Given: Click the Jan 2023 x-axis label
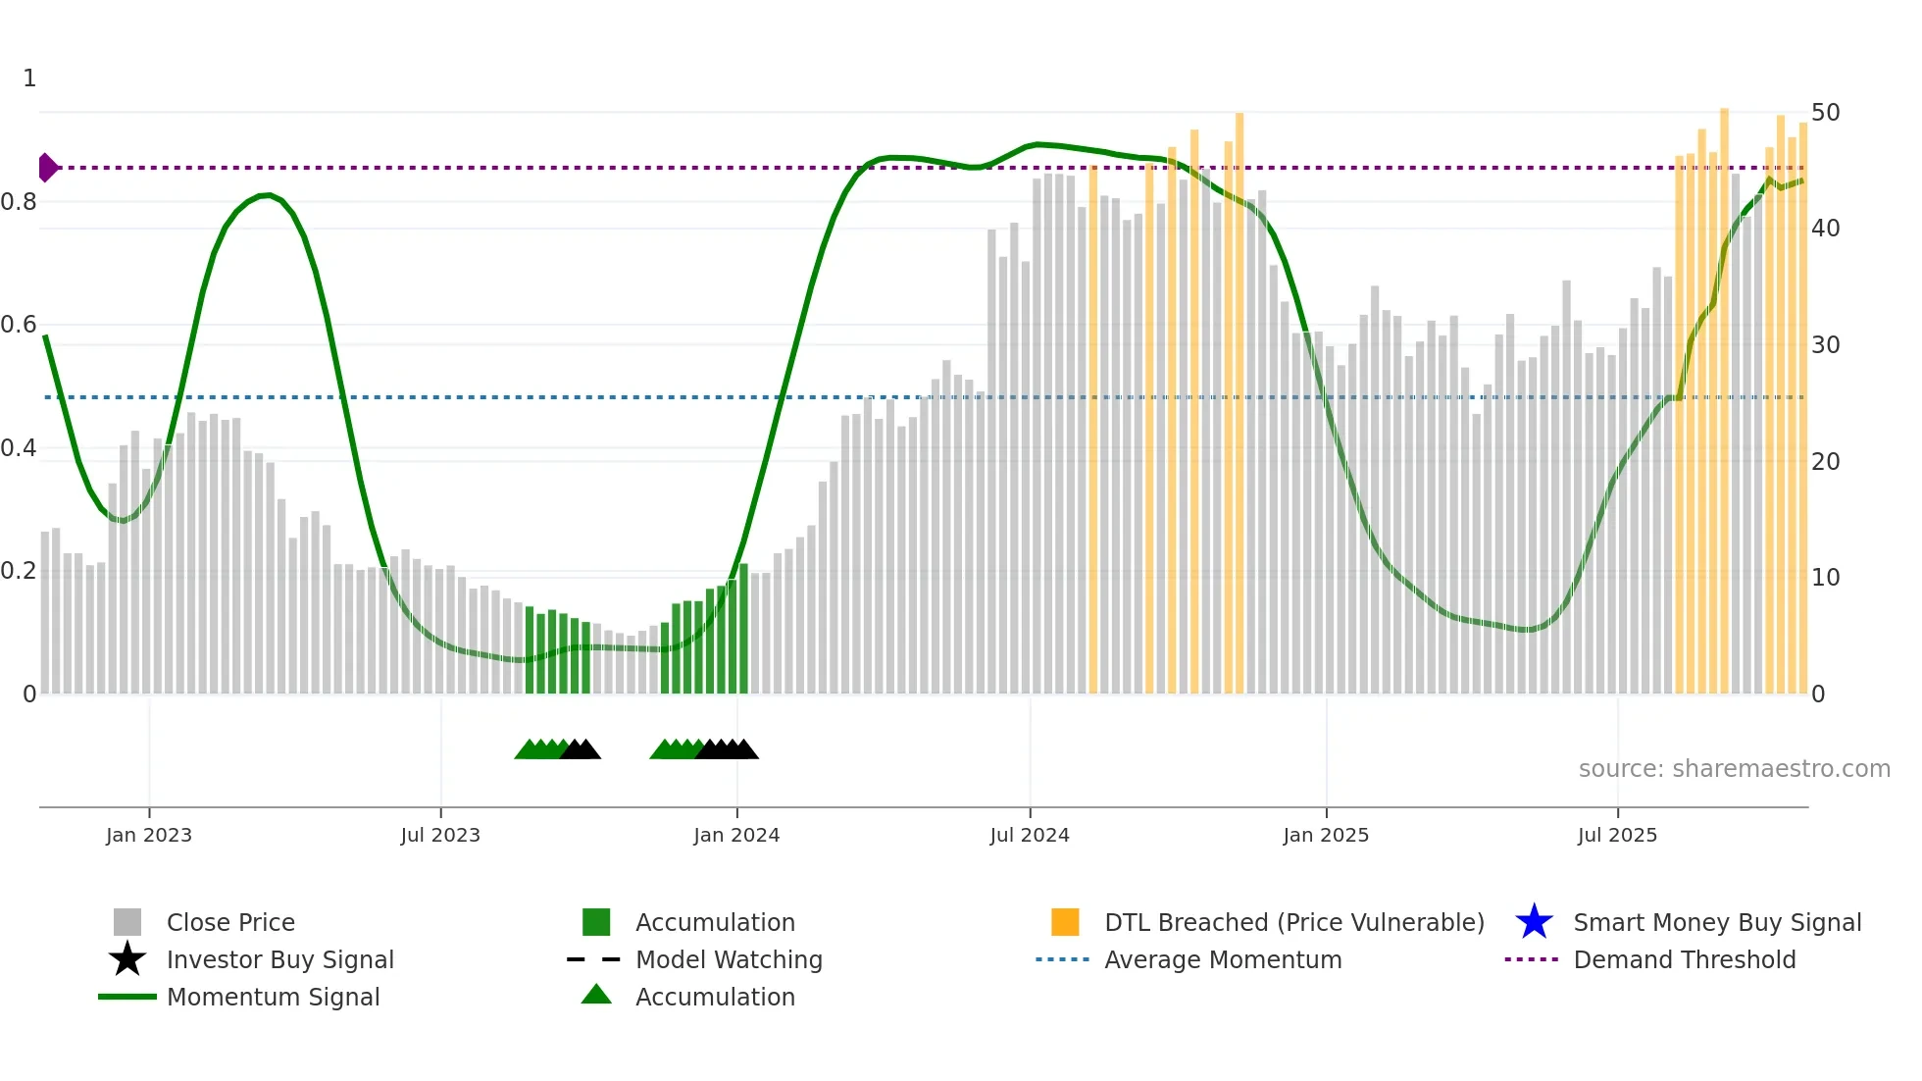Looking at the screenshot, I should (x=149, y=835).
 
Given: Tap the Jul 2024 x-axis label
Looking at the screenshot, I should (x=1029, y=835).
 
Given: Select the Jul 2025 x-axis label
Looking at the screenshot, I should (x=1617, y=835).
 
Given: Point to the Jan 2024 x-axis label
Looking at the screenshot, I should (x=736, y=835).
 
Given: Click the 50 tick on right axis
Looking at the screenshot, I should (x=1825, y=113).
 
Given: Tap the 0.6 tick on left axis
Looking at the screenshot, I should (x=19, y=325).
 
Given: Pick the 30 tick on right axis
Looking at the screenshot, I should (x=1825, y=345).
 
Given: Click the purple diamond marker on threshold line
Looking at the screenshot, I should (x=47, y=168).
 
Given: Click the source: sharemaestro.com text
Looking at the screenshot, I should (x=1734, y=769).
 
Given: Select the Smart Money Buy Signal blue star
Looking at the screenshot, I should (x=1534, y=922).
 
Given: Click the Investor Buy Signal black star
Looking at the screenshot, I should (x=127, y=959).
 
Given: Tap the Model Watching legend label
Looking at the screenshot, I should (x=729, y=959).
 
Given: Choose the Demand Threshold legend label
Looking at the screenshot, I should (x=1684, y=959).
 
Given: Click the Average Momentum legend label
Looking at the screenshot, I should (x=1223, y=959).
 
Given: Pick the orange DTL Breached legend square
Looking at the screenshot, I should (x=1065, y=922).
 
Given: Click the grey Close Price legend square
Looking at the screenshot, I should (x=127, y=922).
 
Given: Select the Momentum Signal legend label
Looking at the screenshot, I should (x=273, y=997).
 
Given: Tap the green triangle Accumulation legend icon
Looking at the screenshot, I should (x=596, y=995).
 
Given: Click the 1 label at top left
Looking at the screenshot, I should (x=29, y=78).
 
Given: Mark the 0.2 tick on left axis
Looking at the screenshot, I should (x=19, y=571).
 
